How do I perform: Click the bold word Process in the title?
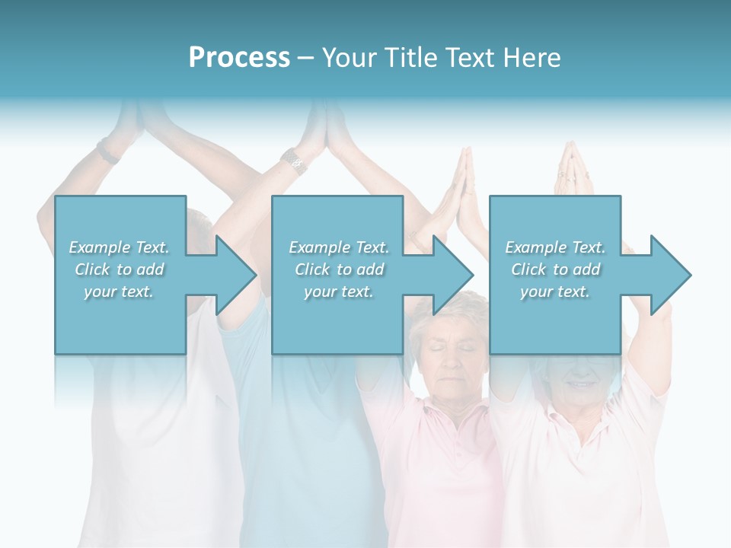pyautogui.click(x=239, y=58)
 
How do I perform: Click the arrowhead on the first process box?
pyautogui.click(x=233, y=275)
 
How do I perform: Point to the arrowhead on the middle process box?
pyautogui.click(x=451, y=275)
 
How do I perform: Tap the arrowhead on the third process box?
pyautogui.click(x=668, y=275)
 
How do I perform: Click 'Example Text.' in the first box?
pyautogui.click(x=119, y=247)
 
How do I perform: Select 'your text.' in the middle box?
pyautogui.click(x=338, y=292)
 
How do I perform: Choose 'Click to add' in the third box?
pyautogui.click(x=555, y=269)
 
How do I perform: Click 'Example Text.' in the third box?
pyautogui.click(x=555, y=247)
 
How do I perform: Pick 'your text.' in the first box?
pyautogui.click(x=119, y=292)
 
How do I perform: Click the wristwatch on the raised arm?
pyautogui.click(x=294, y=161)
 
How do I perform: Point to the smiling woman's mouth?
pyautogui.click(x=580, y=384)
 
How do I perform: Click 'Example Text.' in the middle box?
pyautogui.click(x=338, y=247)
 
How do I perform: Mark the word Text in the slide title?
pyautogui.click(x=470, y=58)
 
